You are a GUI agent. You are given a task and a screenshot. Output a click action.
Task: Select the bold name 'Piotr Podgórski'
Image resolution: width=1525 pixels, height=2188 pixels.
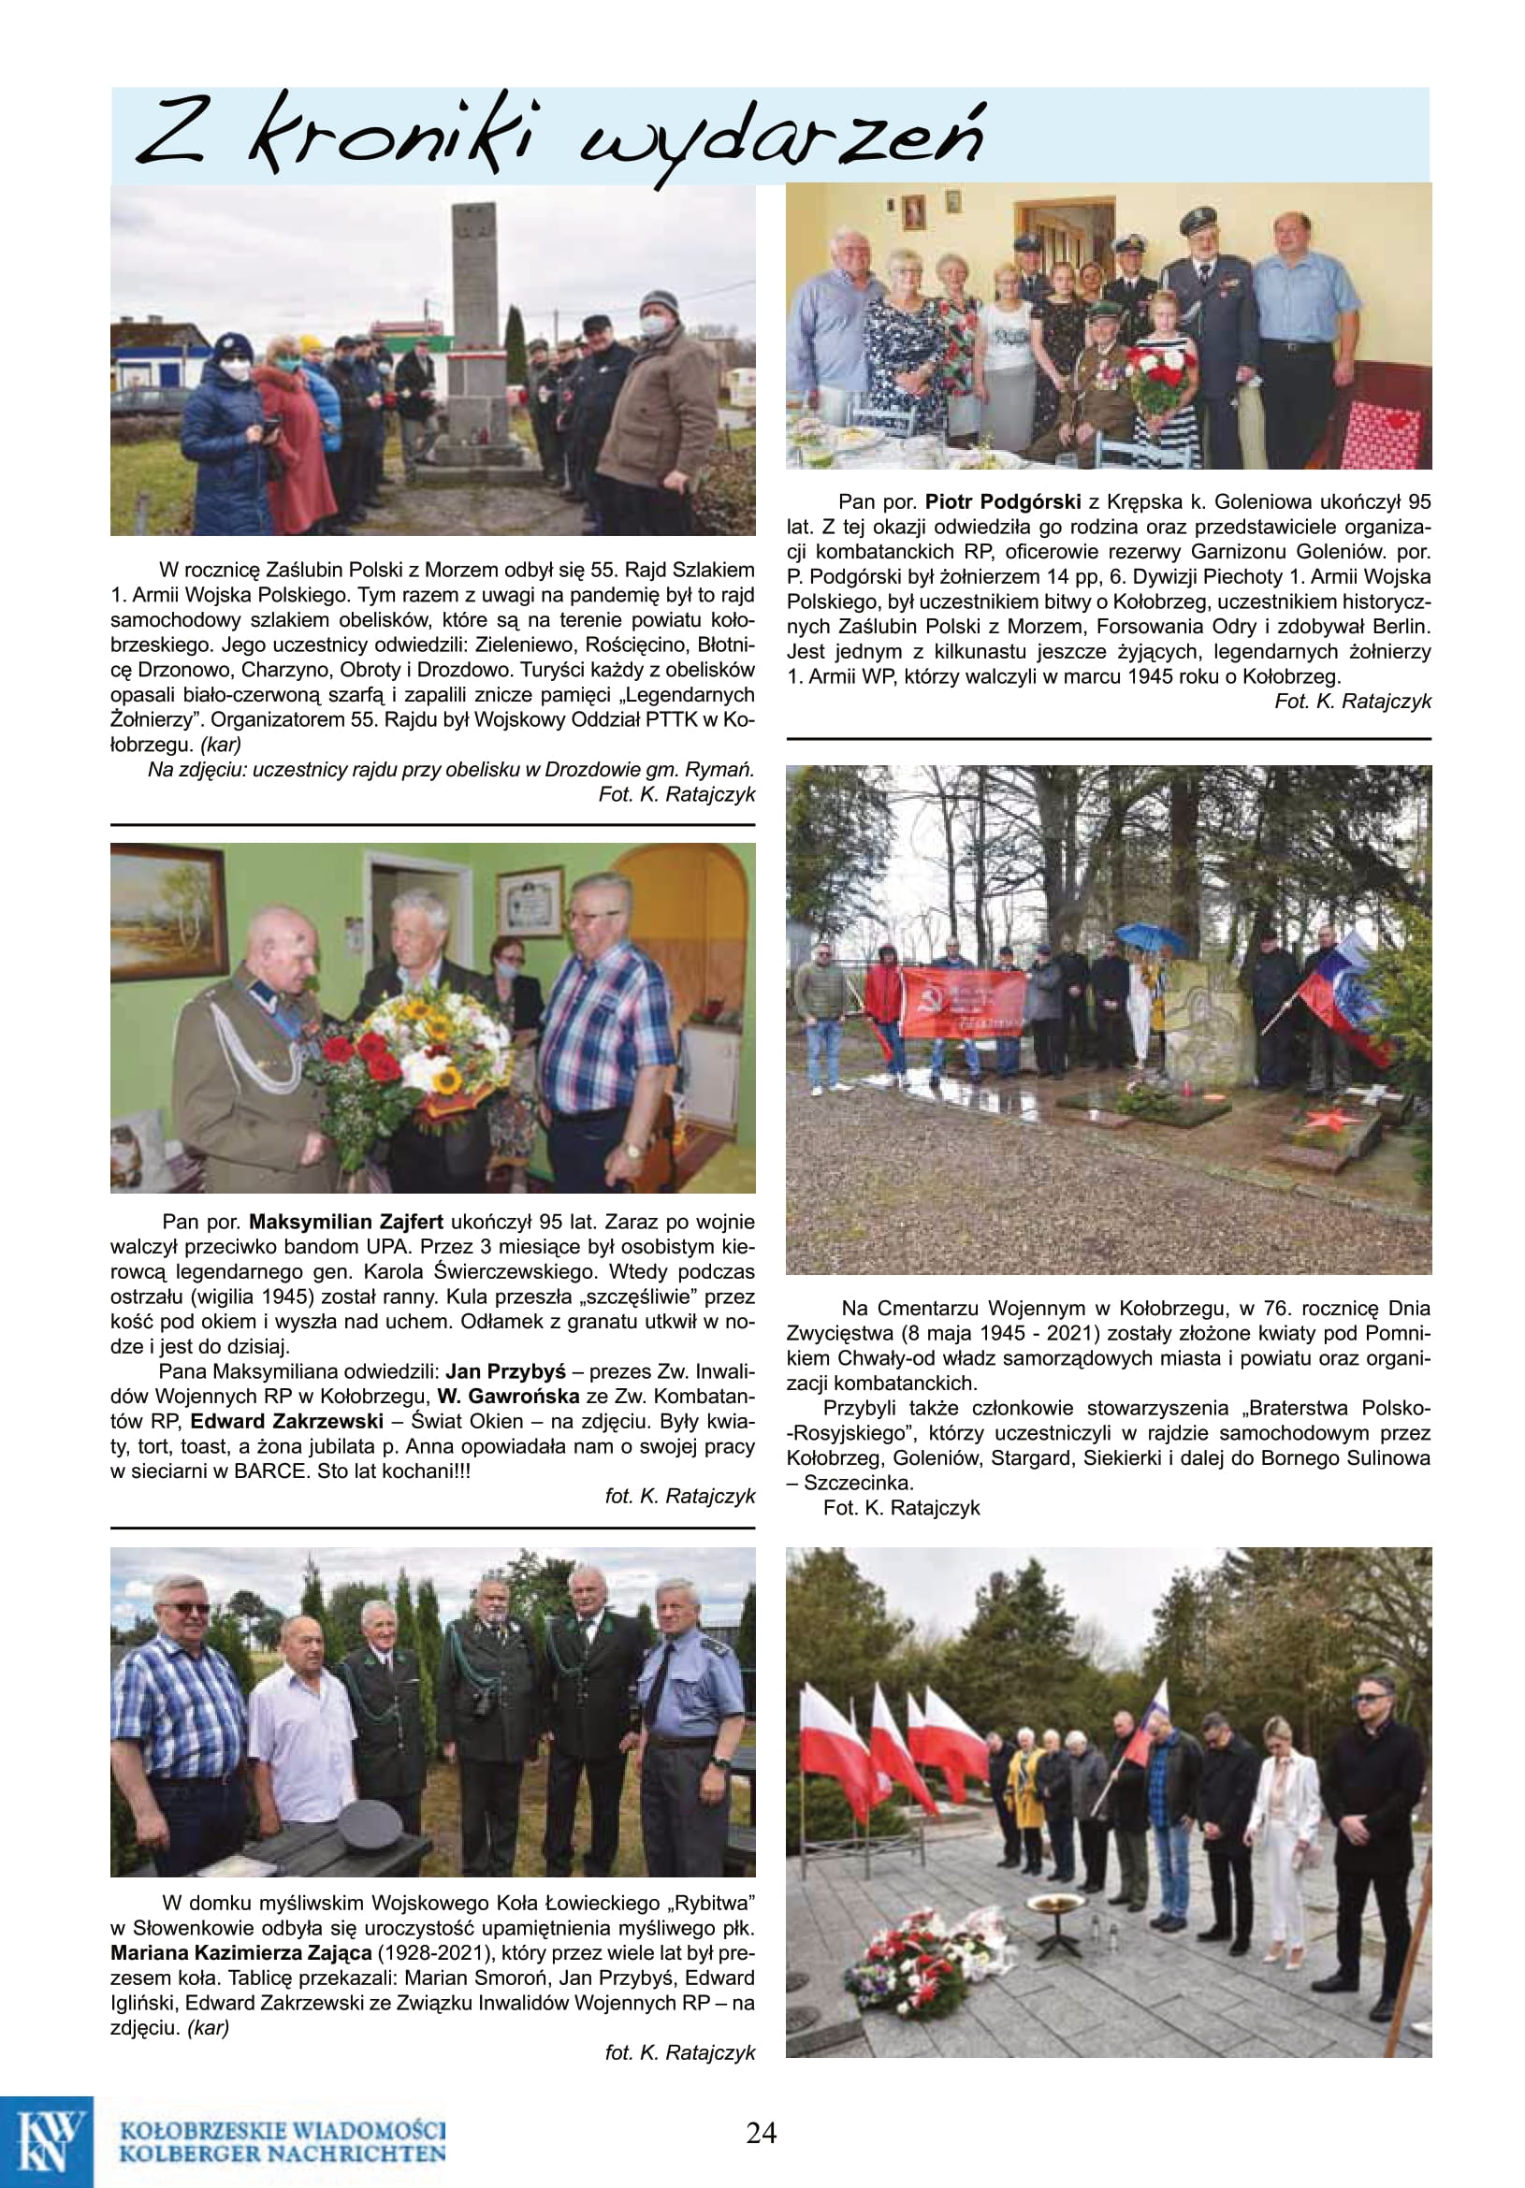pos(1002,501)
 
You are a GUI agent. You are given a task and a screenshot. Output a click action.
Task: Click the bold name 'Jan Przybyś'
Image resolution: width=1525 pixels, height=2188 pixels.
pos(505,1371)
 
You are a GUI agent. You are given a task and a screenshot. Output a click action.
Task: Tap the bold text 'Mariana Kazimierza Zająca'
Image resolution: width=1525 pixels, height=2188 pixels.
pos(240,1952)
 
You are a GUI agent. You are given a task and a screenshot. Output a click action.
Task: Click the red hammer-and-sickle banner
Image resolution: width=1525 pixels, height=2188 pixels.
pos(964,1002)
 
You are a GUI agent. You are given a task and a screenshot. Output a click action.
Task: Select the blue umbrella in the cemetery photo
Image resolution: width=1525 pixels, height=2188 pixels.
pos(1152,938)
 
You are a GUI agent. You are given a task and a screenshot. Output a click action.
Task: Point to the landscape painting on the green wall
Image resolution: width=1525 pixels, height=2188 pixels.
pos(167,912)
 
